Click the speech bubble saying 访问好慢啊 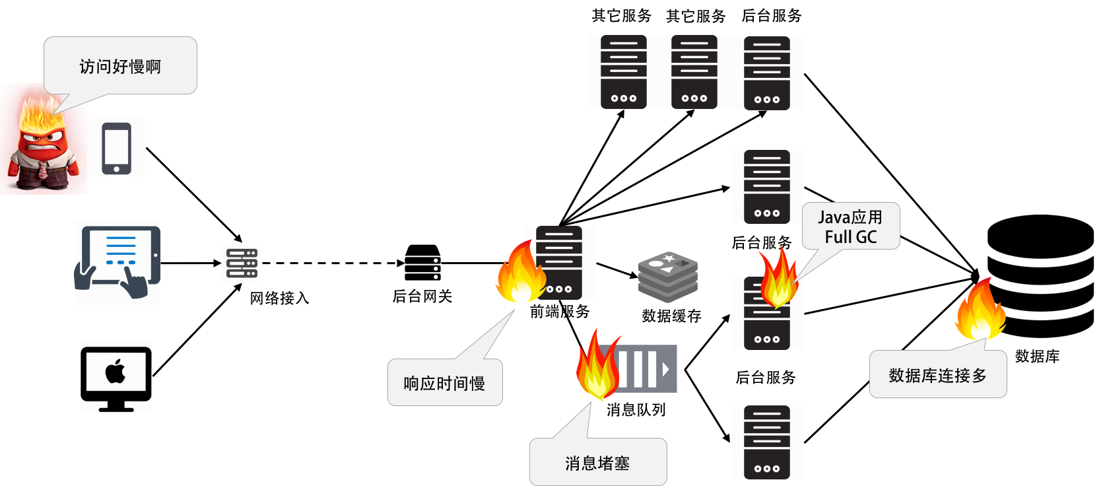[x=120, y=66]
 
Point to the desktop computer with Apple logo [x=116, y=375]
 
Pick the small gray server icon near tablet [x=242, y=263]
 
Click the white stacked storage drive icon [x=422, y=262]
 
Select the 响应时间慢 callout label [x=445, y=383]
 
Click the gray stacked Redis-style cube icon [x=668, y=277]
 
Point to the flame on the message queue [x=597, y=366]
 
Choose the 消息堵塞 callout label [x=597, y=463]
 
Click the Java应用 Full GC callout [x=851, y=226]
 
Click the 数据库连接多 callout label [x=938, y=375]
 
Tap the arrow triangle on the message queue [x=665, y=369]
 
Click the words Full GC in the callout [x=851, y=237]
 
